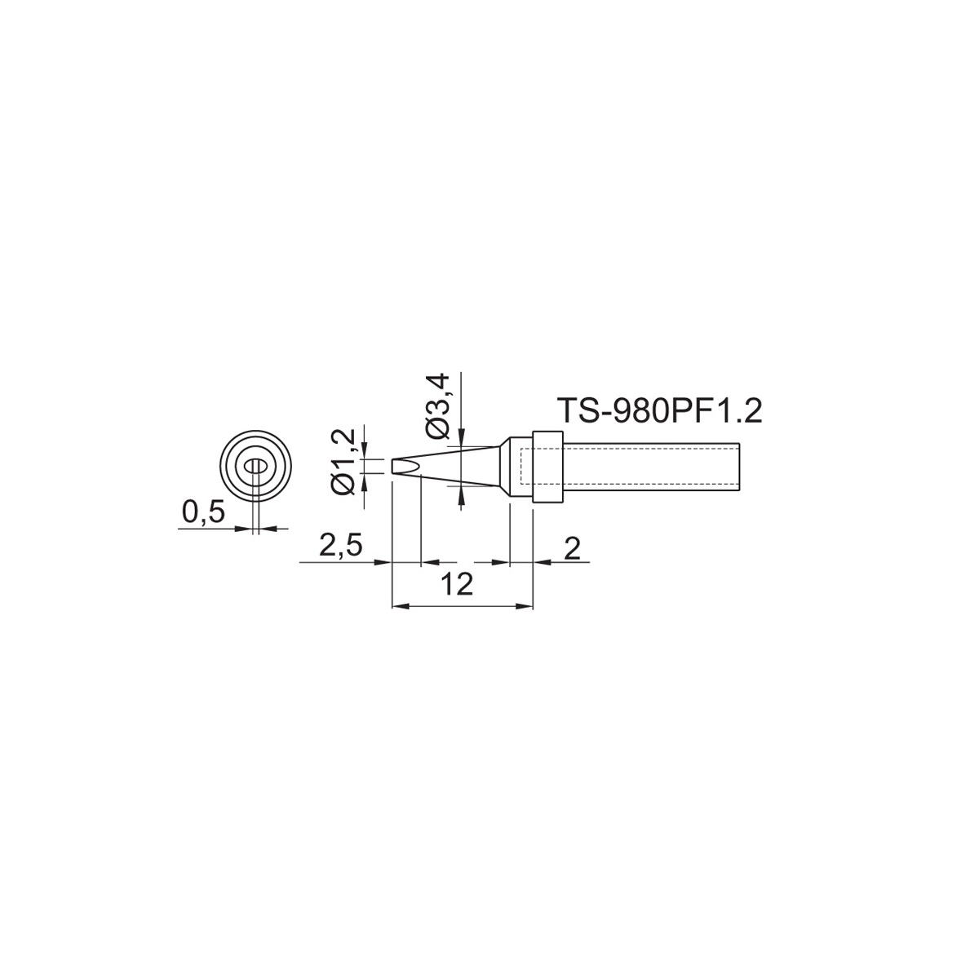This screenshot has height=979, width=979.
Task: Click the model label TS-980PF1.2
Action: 659,411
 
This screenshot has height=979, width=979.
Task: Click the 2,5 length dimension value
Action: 340,547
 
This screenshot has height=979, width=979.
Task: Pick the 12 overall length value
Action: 457,584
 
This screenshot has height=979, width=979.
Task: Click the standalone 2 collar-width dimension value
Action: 573,548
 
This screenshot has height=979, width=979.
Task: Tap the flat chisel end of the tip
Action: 392,467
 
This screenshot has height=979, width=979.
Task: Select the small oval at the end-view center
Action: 255,466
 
